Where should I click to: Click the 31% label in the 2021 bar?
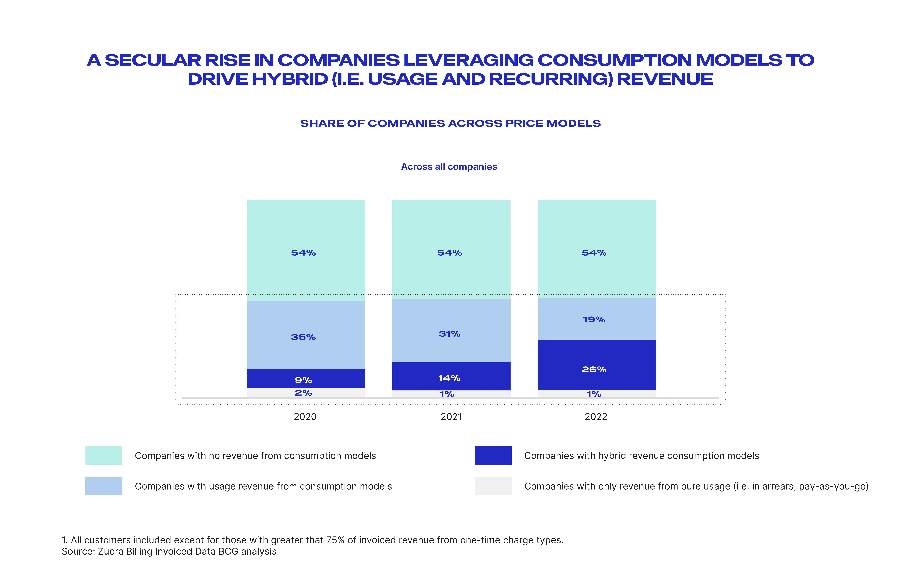click(449, 334)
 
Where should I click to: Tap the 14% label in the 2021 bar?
click(449, 378)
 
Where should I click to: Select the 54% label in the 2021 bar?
click(449, 253)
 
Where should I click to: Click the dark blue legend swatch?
click(493, 455)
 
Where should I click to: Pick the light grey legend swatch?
click(493, 486)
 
